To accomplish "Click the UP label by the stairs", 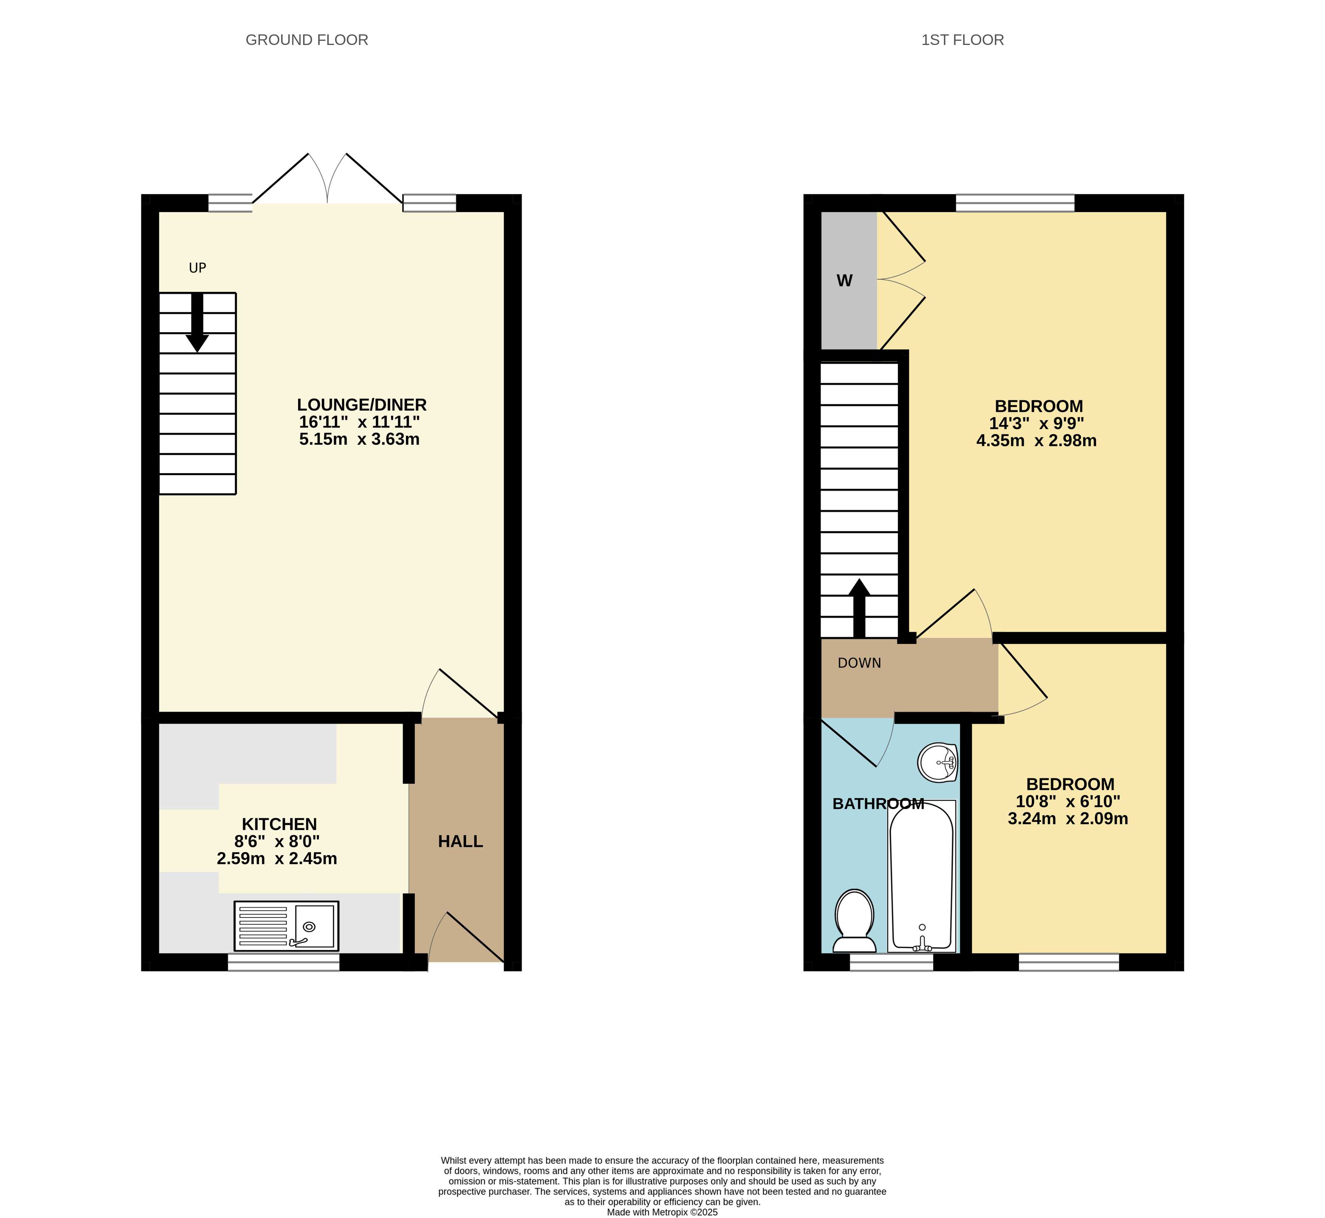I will [198, 268].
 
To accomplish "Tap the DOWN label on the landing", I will [859, 663].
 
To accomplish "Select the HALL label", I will [461, 842].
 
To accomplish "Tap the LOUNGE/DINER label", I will [362, 405].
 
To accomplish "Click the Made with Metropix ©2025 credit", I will [662, 1212].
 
